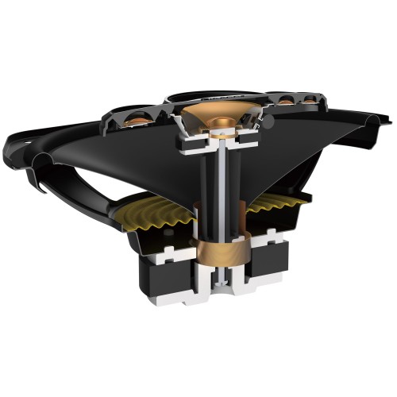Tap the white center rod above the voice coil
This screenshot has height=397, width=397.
point(215,183)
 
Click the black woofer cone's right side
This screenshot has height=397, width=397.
point(302,159)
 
